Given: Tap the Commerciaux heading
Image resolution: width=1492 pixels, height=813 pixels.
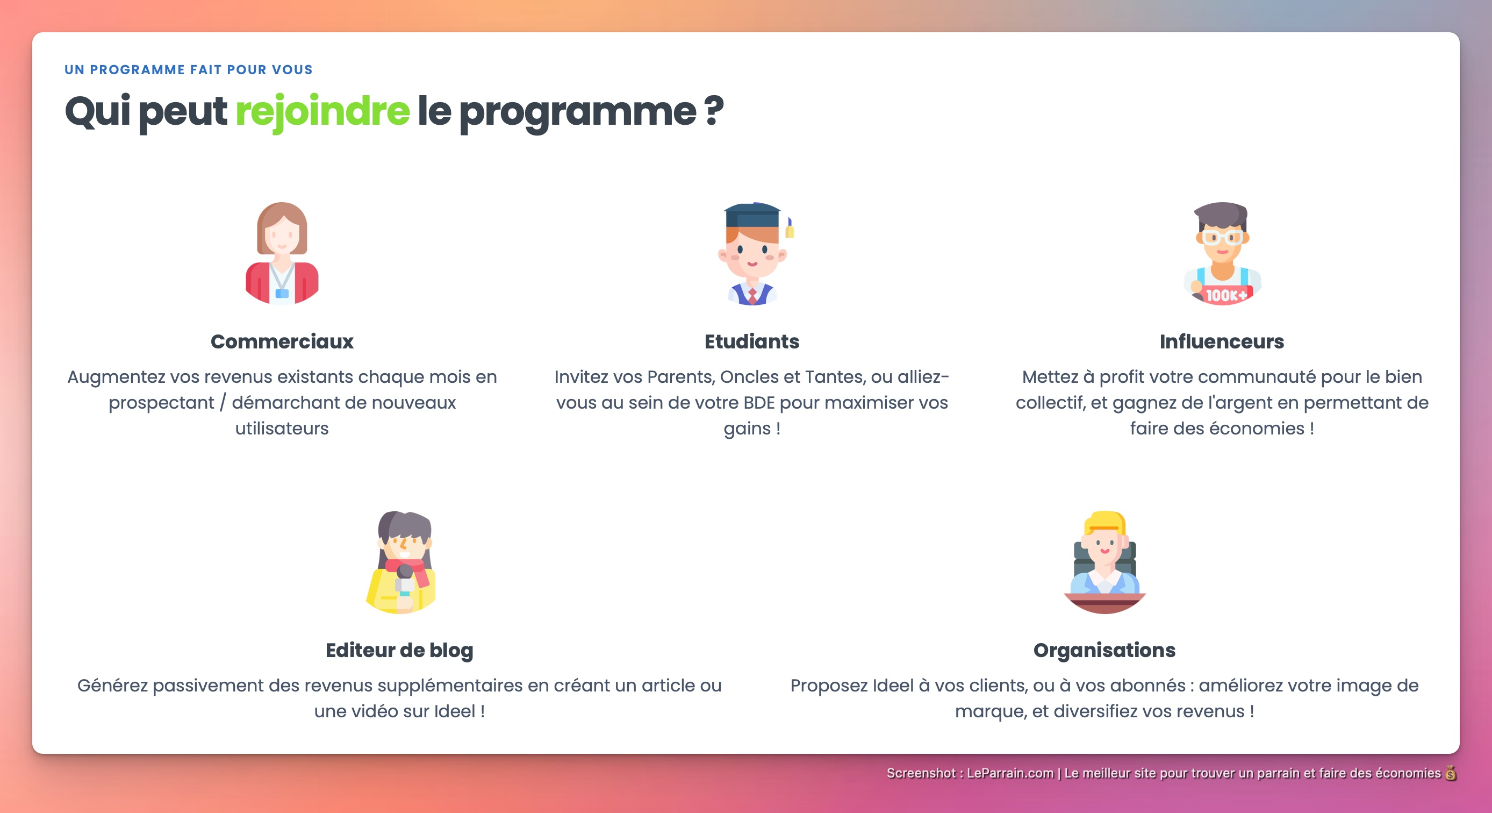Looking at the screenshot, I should coord(282,341).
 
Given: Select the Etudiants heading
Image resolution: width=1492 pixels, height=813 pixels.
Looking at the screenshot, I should coord(751,341).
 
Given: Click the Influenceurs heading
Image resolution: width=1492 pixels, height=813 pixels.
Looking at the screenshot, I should coord(1222,341).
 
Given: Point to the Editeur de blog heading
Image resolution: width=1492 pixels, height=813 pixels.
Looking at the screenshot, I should coord(399,650).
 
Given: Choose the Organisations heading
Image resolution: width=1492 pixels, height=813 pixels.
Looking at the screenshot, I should coord(1104,650).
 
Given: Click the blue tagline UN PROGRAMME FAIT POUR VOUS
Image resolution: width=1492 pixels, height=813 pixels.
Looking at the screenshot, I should coord(188,69).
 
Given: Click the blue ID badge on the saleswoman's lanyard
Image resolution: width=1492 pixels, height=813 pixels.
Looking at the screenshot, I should coord(282,293).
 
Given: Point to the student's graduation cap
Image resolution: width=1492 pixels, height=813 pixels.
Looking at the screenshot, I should coord(752,215).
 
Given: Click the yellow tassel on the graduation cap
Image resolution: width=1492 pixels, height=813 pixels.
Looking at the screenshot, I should coord(790,231).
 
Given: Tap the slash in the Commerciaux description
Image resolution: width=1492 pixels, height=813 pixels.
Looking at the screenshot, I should coord(223,403).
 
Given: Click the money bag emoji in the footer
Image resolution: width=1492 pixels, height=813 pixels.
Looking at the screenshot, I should coord(1450,773).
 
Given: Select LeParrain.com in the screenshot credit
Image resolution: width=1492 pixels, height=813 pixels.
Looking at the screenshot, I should coord(1010,773).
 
